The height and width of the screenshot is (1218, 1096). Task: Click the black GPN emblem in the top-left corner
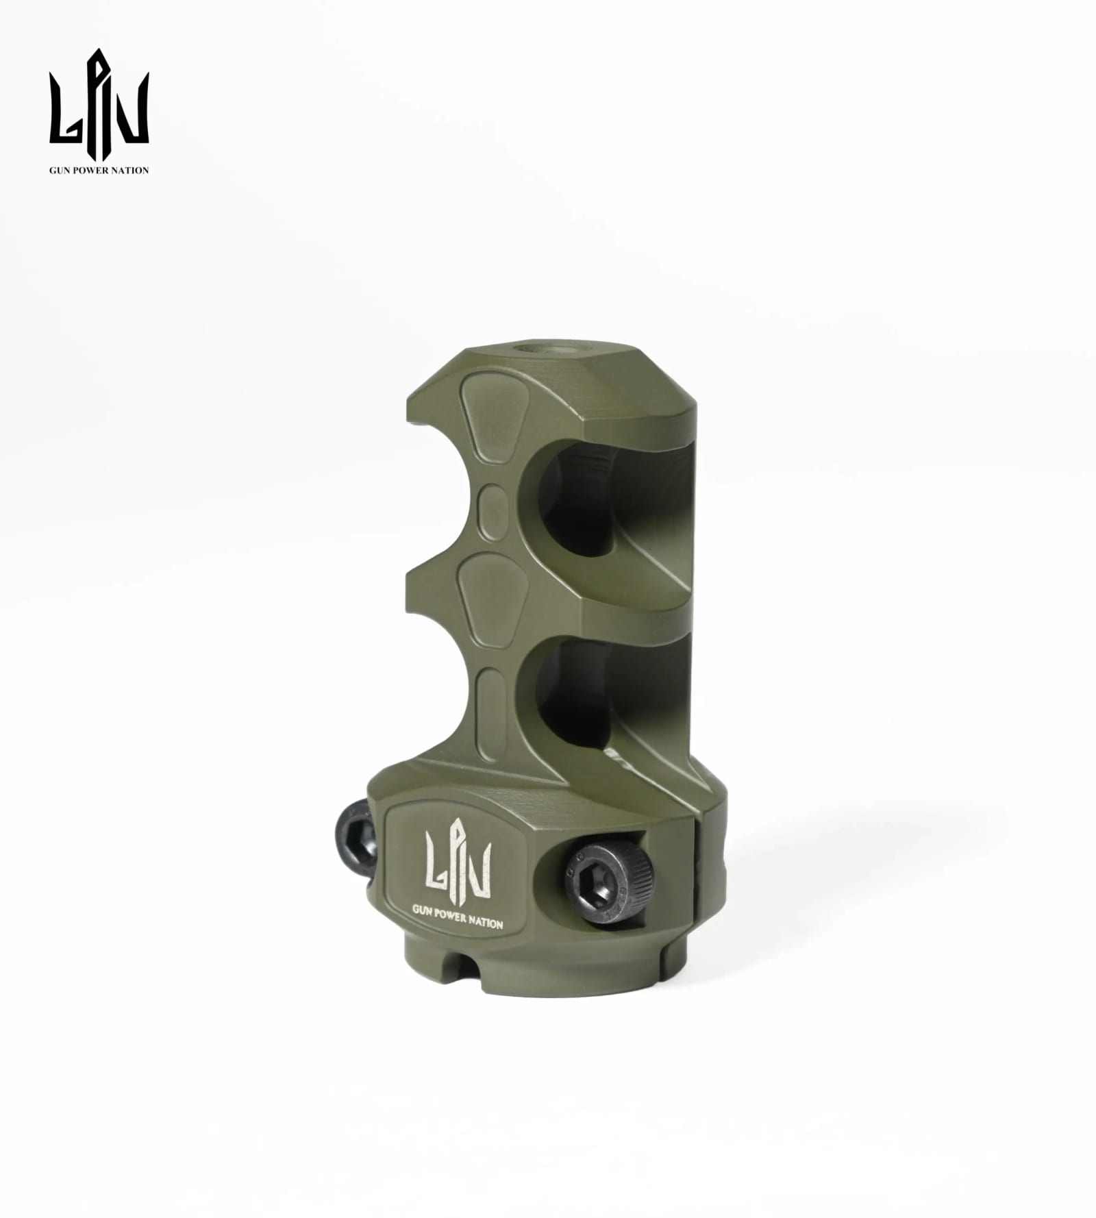pyautogui.click(x=99, y=105)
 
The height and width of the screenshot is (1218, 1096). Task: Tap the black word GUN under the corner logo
pyautogui.click(x=60, y=170)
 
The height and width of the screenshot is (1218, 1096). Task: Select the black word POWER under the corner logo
pyautogui.click(x=93, y=170)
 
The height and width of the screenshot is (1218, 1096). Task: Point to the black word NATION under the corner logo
pyautogui.click(x=132, y=170)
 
